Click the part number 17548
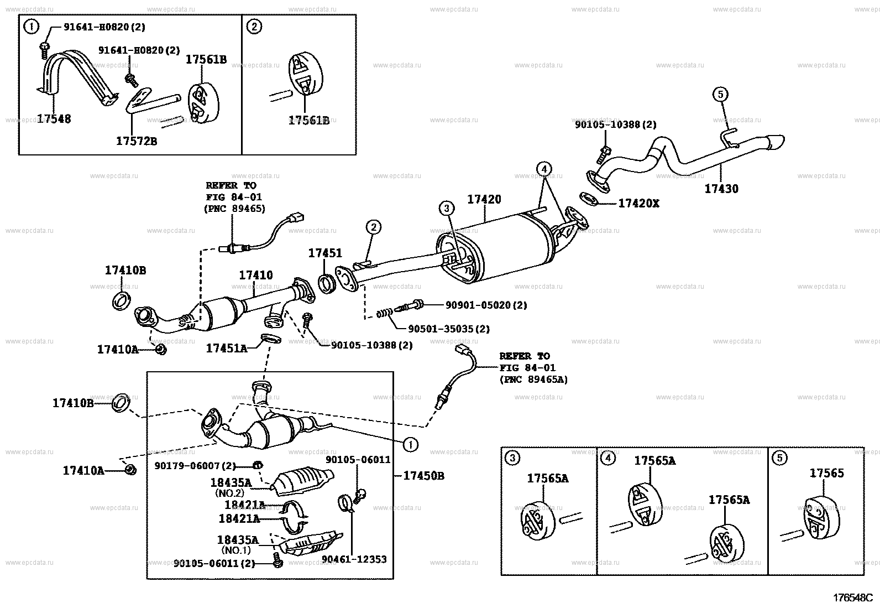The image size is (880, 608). pyautogui.click(x=54, y=119)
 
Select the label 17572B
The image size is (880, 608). pyautogui.click(x=137, y=141)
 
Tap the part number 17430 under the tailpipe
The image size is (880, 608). pyautogui.click(x=721, y=189)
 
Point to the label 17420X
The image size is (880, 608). pyautogui.click(x=639, y=204)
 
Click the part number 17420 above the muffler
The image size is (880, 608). pyautogui.click(x=484, y=199)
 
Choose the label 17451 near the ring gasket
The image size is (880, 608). pyautogui.click(x=325, y=253)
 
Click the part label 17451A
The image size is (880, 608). pyautogui.click(x=227, y=348)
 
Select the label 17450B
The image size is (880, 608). pyautogui.click(x=424, y=476)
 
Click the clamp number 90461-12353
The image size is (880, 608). pyautogui.click(x=354, y=559)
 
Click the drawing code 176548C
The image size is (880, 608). pyautogui.click(x=853, y=598)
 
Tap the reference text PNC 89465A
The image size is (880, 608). pyautogui.click(x=534, y=380)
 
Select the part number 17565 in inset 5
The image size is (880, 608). pyautogui.click(x=826, y=473)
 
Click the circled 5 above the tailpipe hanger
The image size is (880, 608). pyautogui.click(x=720, y=95)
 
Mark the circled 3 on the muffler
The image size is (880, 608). pyautogui.click(x=446, y=208)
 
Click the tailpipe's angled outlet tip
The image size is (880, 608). pyautogui.click(x=776, y=142)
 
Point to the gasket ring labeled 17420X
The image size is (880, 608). pyautogui.click(x=589, y=199)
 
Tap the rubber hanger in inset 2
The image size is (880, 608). pyautogui.click(x=305, y=74)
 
